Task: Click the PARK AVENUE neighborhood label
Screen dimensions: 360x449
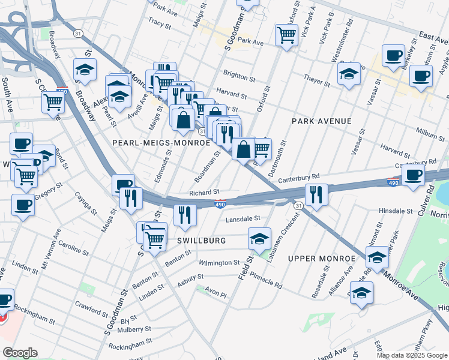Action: [321, 121]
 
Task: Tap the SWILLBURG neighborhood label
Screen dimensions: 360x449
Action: [201, 240]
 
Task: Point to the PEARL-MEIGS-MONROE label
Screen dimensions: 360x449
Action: [161, 142]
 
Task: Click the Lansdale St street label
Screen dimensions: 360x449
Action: [243, 220]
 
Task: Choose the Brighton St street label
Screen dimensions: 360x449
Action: [235, 76]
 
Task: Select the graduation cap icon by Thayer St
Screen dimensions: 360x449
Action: [349, 74]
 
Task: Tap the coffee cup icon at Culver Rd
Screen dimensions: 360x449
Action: [413, 175]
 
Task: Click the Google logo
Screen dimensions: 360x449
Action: [20, 353]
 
